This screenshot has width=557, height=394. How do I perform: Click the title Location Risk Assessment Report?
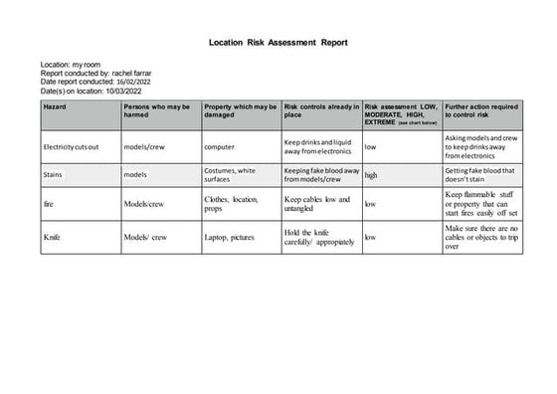278,43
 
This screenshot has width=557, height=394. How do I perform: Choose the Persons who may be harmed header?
157,109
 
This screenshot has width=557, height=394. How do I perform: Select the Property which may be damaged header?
240,109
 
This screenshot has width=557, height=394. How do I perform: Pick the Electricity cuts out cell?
72,147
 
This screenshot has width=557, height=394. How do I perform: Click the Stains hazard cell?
54,175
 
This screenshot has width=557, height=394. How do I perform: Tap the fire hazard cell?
49,204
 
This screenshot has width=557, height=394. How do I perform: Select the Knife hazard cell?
52,238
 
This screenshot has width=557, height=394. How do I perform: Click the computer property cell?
219,147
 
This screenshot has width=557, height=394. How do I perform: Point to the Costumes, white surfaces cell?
230,175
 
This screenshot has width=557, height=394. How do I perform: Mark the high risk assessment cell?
371,175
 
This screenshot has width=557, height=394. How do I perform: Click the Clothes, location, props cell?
231,204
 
